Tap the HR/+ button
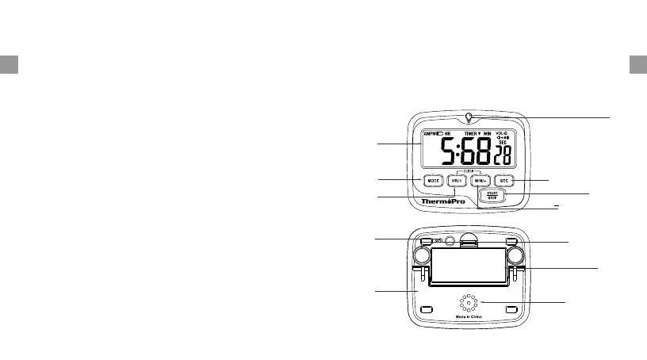pyautogui.click(x=456, y=181)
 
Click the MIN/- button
pyautogui.click(x=480, y=181)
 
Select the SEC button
pyautogui.click(x=505, y=181)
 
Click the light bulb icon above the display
pyautogui.click(x=469, y=119)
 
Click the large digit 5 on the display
pyautogui.click(x=448, y=151)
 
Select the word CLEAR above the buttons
pyautogui.click(x=468, y=171)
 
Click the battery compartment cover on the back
pyautogui.click(x=469, y=264)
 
